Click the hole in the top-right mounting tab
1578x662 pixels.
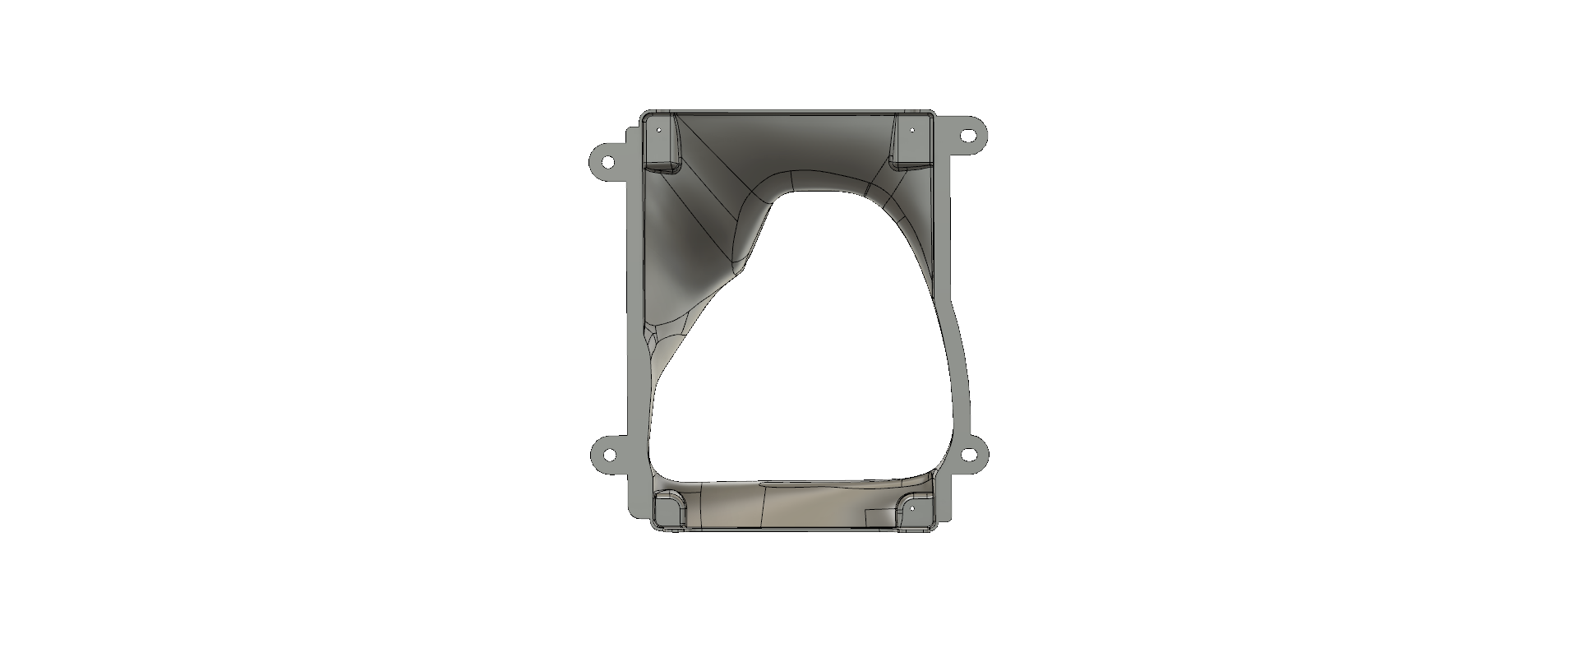click(970, 134)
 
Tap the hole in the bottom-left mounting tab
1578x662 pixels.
click(609, 454)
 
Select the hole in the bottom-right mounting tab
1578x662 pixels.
click(970, 454)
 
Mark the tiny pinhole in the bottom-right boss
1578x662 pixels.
click(911, 509)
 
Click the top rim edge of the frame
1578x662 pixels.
click(789, 110)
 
